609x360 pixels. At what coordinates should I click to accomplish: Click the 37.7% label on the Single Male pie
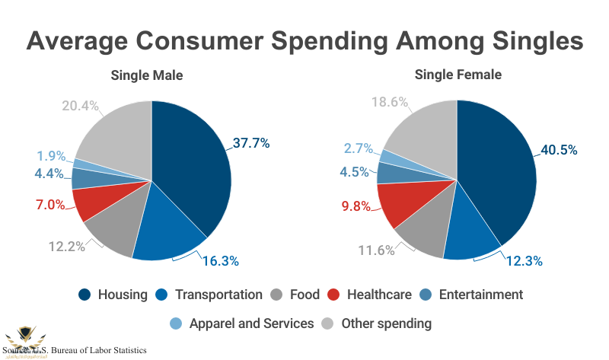point(250,142)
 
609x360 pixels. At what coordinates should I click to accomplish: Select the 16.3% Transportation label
point(221,261)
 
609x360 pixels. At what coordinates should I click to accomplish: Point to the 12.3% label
point(524,261)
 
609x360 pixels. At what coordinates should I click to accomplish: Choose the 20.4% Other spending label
point(80,106)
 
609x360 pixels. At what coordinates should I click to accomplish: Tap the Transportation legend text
point(218,295)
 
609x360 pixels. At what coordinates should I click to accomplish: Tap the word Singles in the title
point(519,40)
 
